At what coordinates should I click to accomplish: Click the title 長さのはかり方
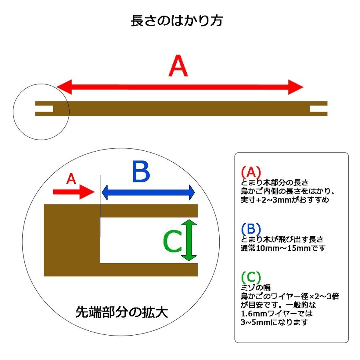click(177, 21)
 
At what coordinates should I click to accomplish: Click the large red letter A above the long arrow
click(178, 66)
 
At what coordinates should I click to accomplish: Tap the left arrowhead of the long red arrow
click(64, 87)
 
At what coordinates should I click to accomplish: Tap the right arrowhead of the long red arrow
click(296, 87)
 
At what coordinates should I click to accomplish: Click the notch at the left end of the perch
click(44, 108)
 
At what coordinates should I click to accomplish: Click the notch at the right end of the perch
click(318, 108)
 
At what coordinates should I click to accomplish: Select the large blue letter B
click(141, 172)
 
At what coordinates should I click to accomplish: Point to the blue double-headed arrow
click(148, 192)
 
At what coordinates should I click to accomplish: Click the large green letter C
click(172, 241)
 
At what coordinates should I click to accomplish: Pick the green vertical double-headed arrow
click(189, 240)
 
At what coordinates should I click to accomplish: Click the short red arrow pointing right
click(74, 192)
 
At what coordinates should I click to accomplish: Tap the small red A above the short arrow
click(71, 179)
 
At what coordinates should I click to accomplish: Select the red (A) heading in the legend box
click(251, 172)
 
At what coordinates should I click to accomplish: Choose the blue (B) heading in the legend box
click(251, 229)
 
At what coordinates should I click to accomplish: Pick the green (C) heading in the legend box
click(251, 277)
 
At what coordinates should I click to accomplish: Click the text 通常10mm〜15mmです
click(283, 248)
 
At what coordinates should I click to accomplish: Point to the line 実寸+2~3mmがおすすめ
click(285, 200)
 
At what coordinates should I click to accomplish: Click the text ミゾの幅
click(256, 288)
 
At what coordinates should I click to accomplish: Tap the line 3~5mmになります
click(274, 322)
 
